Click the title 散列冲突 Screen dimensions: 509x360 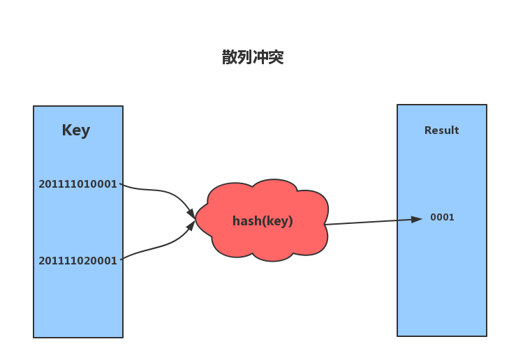click(253, 57)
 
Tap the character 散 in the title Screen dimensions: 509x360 click(230, 57)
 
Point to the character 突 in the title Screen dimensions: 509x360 click(276, 57)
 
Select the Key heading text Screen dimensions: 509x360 click(76, 130)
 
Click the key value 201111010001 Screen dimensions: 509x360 click(78, 184)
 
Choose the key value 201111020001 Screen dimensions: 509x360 click(78, 261)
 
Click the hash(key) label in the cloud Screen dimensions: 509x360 click(263, 221)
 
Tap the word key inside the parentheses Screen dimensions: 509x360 click(278, 222)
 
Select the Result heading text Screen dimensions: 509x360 click(441, 130)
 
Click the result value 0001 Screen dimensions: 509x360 click(442, 217)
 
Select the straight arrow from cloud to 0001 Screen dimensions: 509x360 click(374, 222)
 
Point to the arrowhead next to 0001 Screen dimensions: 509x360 click(416, 220)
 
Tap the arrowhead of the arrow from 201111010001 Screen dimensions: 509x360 click(191, 214)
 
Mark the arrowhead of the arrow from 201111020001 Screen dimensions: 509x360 click(191, 226)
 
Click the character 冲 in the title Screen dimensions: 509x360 click(260, 57)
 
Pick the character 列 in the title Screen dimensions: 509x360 click(245, 57)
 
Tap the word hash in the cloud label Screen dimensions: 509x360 click(247, 221)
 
